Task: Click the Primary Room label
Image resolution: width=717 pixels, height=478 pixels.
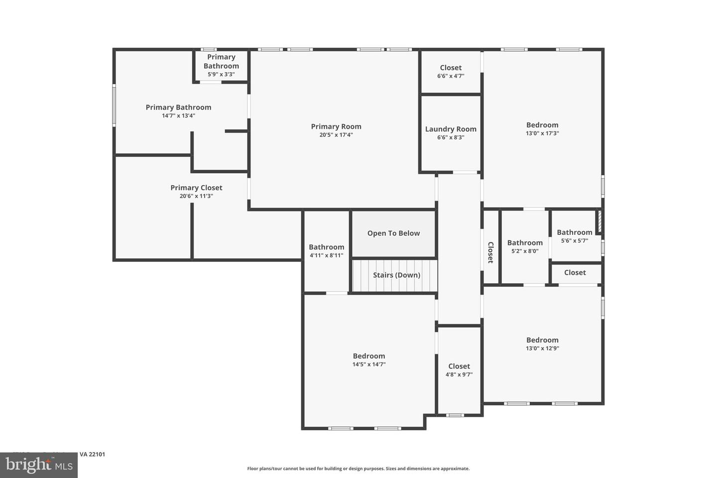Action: click(x=336, y=126)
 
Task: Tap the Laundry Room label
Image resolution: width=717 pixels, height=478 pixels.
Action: click(x=451, y=129)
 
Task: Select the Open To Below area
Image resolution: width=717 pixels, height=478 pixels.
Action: click(x=393, y=233)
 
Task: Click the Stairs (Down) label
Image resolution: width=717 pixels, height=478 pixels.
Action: click(x=396, y=275)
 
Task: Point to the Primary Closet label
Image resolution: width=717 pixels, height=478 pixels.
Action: click(x=196, y=188)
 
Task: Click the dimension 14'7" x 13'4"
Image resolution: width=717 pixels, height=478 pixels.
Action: click(x=178, y=116)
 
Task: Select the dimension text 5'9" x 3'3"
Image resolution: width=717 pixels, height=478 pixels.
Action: click(x=221, y=74)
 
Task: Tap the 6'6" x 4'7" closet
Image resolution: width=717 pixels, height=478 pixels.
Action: click(x=451, y=72)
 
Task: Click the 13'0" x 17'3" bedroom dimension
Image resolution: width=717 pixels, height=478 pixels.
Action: click(x=542, y=133)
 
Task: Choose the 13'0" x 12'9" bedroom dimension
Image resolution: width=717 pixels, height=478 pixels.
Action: click(x=542, y=348)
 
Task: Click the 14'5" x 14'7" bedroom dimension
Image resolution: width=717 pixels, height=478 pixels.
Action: click(x=369, y=364)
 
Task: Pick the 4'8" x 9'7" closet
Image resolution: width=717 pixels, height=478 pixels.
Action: click(x=459, y=370)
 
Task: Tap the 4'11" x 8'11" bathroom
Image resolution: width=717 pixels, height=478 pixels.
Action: click(x=326, y=251)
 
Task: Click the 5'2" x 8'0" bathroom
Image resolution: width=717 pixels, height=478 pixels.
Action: click(x=525, y=246)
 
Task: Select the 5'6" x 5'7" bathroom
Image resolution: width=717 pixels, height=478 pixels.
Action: click(x=575, y=236)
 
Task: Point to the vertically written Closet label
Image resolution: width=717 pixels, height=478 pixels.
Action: click(x=490, y=252)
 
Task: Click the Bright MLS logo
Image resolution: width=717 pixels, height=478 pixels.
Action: click(x=39, y=466)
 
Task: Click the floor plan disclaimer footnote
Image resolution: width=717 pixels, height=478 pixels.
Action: click(x=358, y=469)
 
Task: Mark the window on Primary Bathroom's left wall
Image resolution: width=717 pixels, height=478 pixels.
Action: click(x=114, y=105)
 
